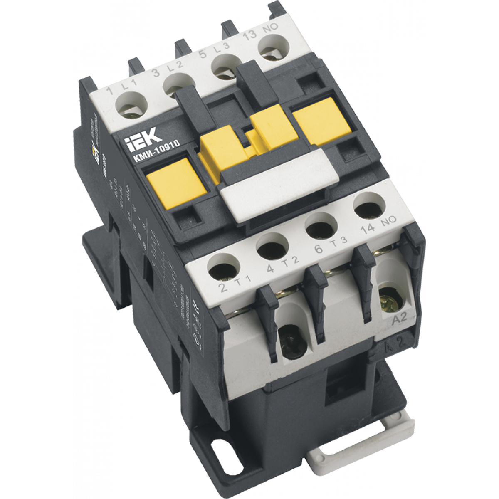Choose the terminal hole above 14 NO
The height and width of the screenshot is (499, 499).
366,205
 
